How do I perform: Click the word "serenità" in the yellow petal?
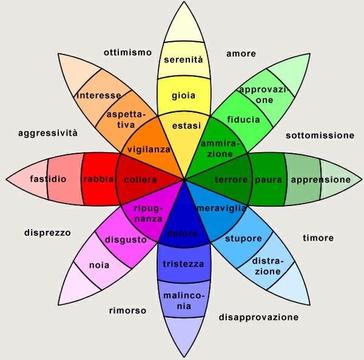(x=183, y=59)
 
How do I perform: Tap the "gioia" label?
(x=183, y=96)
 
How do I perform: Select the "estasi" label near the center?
(x=186, y=125)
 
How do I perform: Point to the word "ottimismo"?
(x=127, y=52)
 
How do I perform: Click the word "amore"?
(x=241, y=53)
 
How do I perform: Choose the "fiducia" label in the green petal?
(x=243, y=119)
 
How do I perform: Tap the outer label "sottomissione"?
(x=320, y=136)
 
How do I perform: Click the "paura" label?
(x=268, y=180)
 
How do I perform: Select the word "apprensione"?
(x=321, y=180)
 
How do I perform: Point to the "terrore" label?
(x=231, y=180)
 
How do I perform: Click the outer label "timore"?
(x=318, y=238)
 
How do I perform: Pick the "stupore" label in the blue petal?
(x=243, y=238)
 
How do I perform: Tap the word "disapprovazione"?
(x=258, y=317)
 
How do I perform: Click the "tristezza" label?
(x=183, y=264)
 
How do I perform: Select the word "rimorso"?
(x=127, y=310)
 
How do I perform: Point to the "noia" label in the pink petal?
(x=99, y=265)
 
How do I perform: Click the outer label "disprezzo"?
(x=47, y=233)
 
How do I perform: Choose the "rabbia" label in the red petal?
(x=98, y=179)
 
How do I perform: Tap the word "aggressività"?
(x=48, y=133)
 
